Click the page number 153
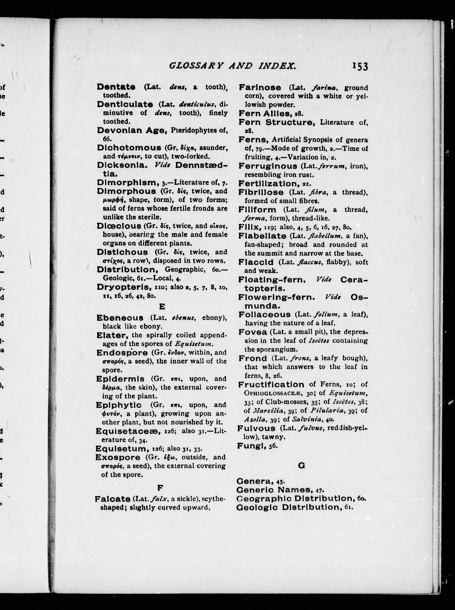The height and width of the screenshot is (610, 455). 360,67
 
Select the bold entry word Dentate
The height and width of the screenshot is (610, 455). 116,87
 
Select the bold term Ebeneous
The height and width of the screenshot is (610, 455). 120,318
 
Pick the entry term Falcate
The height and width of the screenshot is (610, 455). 112,499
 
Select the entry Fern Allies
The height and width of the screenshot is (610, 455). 264,113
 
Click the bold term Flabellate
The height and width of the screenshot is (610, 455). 262,236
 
